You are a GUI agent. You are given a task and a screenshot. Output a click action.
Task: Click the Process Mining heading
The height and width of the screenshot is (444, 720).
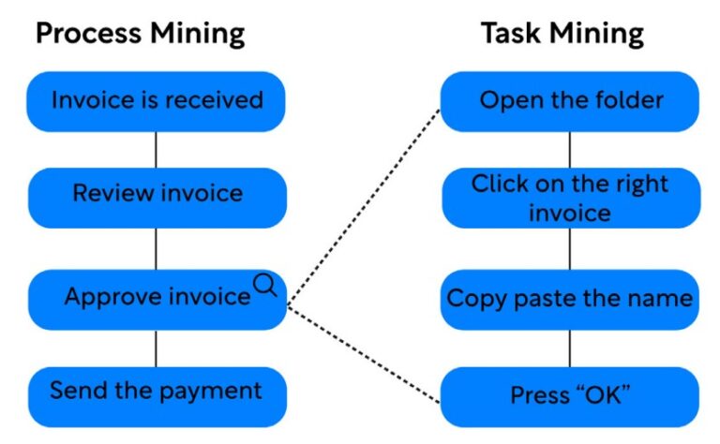coord(140,35)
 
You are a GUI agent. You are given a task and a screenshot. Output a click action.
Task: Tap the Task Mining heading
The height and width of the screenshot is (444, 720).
coord(562,35)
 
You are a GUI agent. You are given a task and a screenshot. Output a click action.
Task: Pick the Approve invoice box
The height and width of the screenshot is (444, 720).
coord(156,299)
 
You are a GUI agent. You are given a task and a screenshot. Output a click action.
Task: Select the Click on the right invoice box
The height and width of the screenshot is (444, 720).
coord(570,198)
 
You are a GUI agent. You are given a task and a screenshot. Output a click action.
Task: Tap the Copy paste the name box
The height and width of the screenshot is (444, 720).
coord(570,299)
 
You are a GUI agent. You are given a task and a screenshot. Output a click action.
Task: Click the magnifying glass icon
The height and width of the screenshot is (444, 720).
coord(265,284)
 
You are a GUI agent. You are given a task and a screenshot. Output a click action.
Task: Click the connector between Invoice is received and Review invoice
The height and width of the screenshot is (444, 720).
coord(156,149)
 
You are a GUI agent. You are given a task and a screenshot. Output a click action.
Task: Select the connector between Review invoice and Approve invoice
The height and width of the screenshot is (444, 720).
coord(156,248)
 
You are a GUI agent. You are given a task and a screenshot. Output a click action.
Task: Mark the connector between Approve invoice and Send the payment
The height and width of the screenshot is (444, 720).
coord(156,348)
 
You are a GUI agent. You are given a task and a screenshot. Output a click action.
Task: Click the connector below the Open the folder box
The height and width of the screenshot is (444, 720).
coord(570,149)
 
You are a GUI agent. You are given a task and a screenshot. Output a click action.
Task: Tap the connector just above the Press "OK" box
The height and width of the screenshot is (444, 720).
coord(570,348)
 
